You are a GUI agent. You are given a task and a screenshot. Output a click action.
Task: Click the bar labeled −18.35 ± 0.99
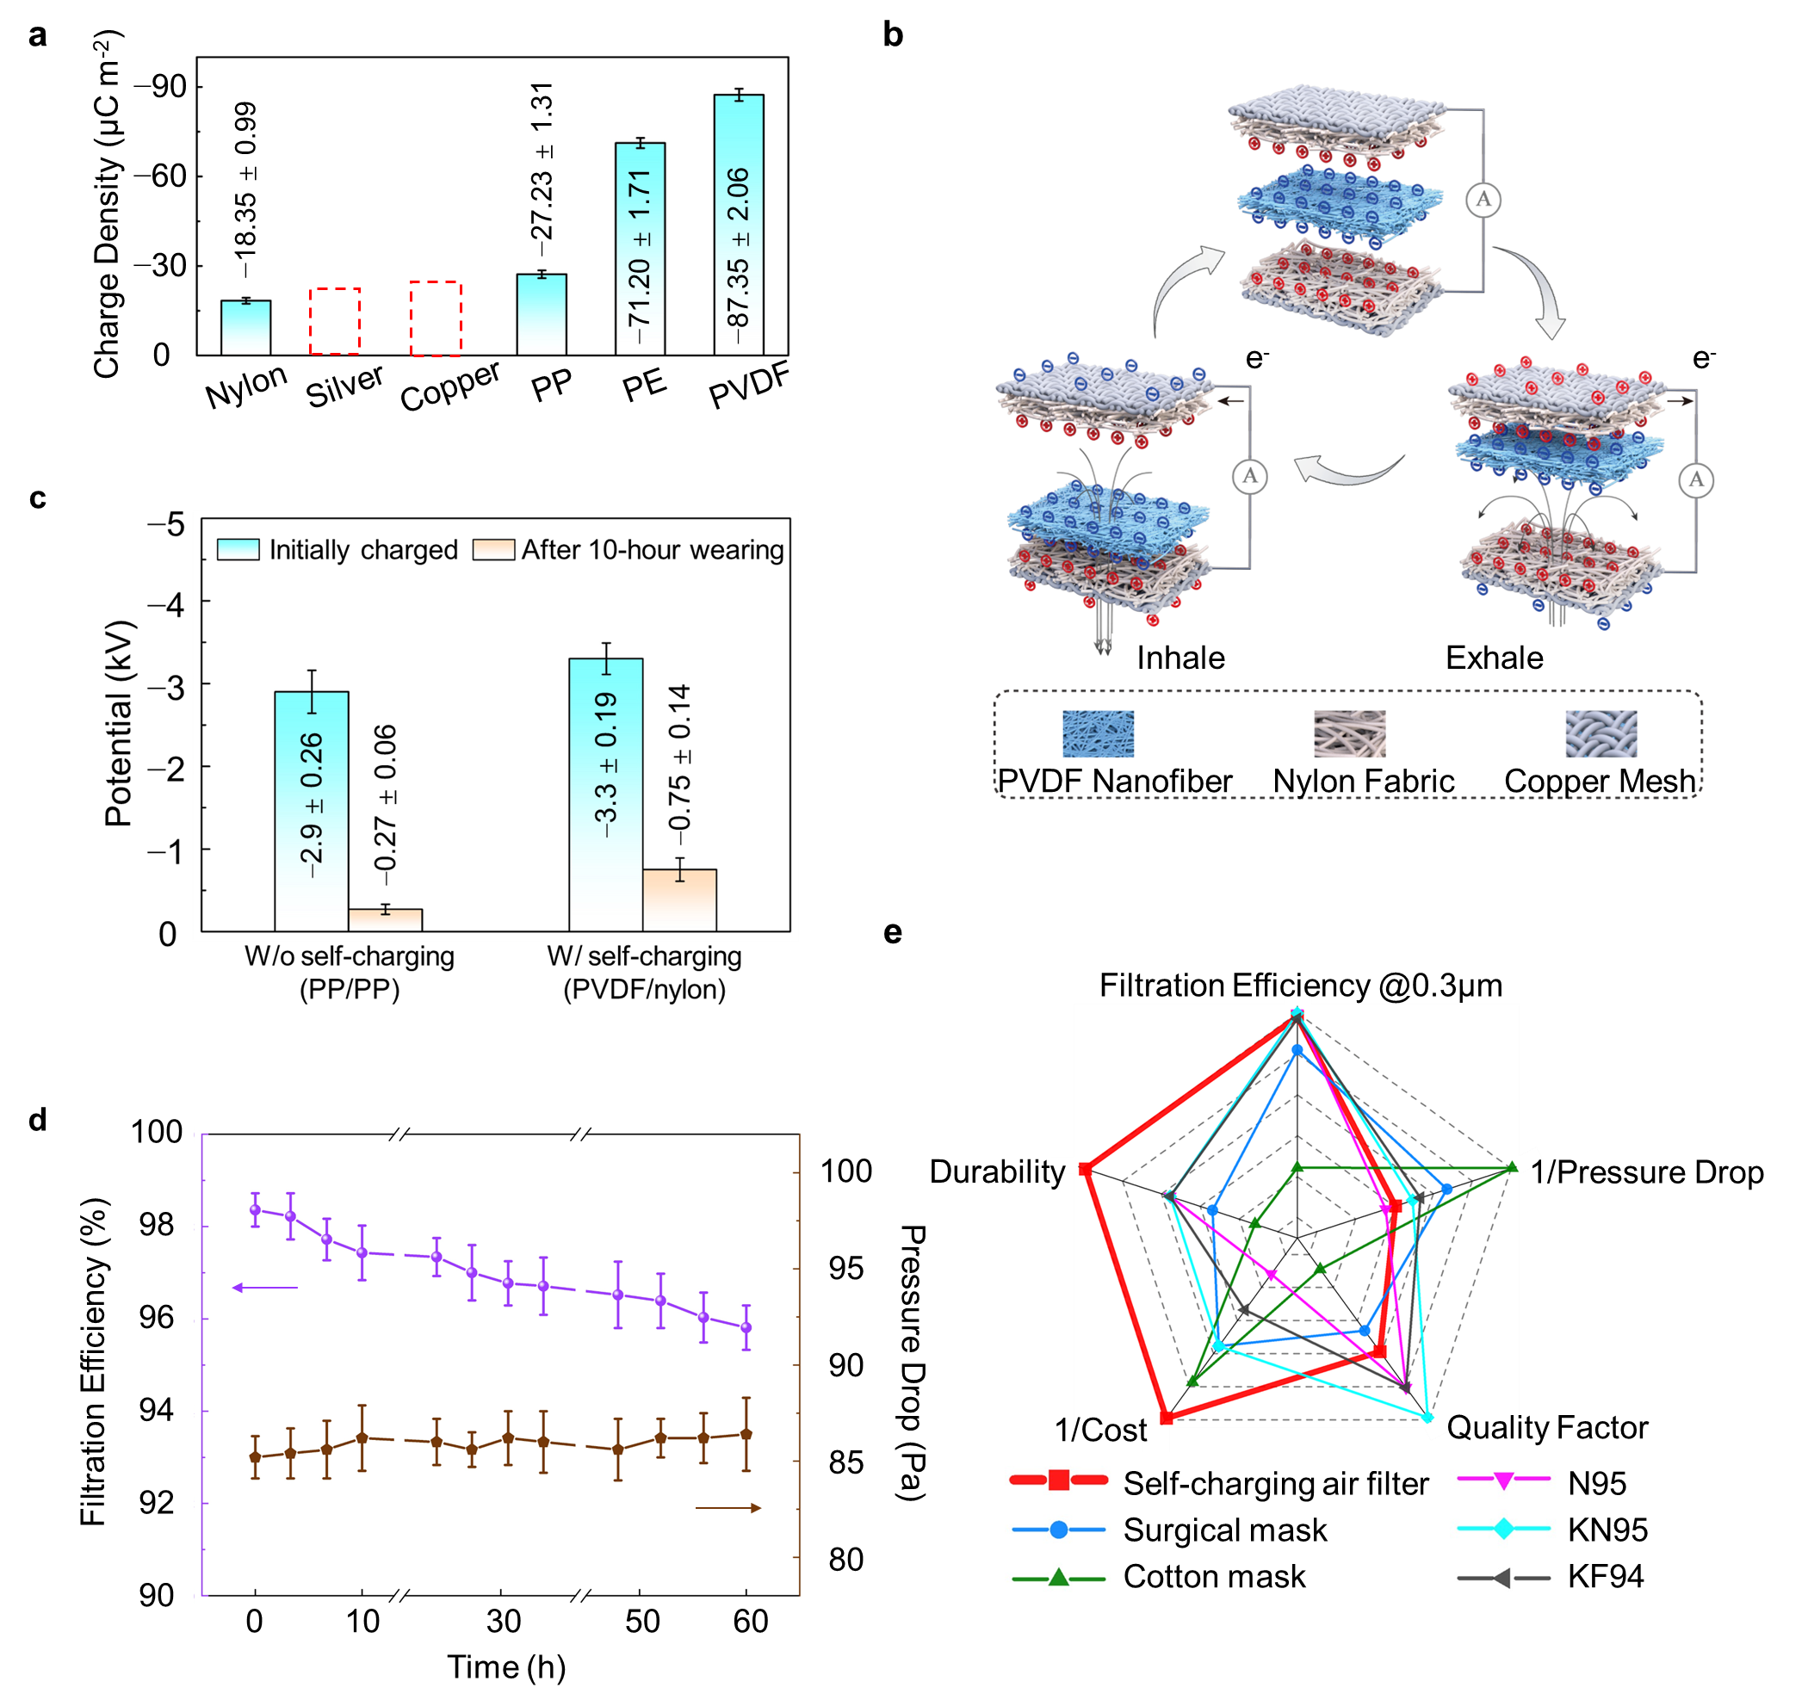[245, 327]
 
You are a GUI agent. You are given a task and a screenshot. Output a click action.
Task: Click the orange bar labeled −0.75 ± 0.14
[679, 899]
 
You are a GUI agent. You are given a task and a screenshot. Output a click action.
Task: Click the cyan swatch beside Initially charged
[238, 549]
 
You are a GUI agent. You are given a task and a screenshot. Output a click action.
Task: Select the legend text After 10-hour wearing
[652, 550]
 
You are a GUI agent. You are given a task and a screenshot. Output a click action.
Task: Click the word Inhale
[1180, 658]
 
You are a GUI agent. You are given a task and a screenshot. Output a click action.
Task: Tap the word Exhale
[1495, 658]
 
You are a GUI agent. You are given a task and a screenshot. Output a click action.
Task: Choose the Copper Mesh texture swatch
[1601, 734]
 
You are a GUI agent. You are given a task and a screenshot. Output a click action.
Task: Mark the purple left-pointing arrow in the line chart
[264, 1287]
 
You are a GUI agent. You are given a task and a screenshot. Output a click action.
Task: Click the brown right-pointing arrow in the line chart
[728, 1508]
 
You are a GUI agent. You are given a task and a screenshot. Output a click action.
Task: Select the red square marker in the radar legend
[1059, 1480]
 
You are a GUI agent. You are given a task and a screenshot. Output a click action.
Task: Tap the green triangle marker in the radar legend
[1059, 1578]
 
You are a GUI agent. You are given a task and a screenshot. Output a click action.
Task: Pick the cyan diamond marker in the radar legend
[1503, 1529]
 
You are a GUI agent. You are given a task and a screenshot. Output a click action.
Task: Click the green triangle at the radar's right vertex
[1511, 1166]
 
